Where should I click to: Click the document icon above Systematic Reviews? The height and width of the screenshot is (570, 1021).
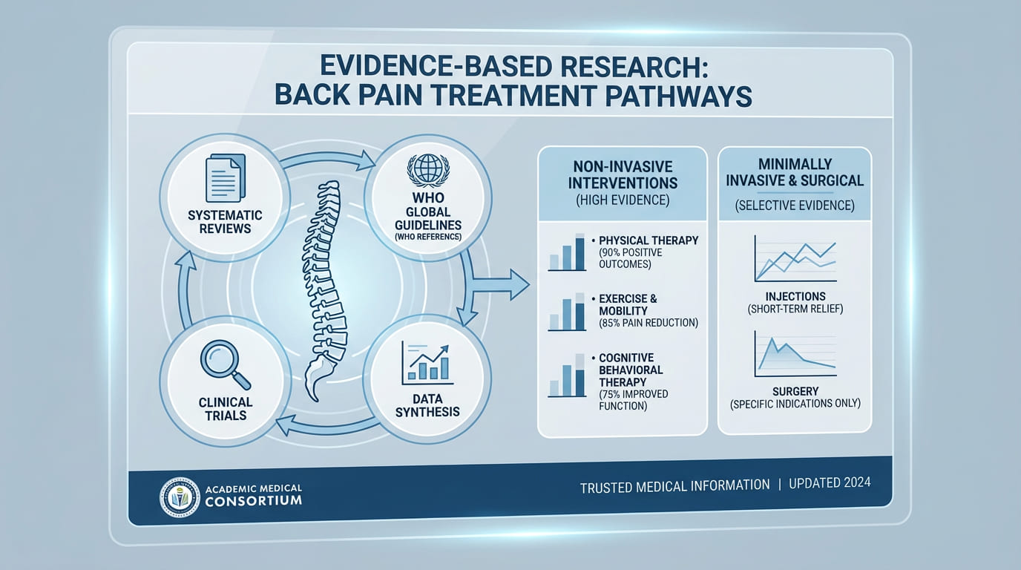(226, 178)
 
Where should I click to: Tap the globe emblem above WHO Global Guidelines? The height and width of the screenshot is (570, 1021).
(428, 168)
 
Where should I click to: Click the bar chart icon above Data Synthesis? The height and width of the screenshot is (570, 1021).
(427, 364)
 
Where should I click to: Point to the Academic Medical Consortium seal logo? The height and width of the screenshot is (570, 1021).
(180, 497)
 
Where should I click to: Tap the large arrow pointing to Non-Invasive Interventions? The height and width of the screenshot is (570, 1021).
(500, 284)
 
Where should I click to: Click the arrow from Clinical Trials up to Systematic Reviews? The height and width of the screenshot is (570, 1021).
(185, 289)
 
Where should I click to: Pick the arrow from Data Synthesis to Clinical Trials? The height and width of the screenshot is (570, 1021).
(326, 427)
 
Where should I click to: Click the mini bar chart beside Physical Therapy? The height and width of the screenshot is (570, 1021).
(567, 252)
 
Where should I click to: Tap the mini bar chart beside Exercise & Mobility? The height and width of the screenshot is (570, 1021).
(567, 312)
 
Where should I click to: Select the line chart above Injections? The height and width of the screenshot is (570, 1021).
(795, 258)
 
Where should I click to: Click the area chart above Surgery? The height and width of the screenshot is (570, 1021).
(795, 354)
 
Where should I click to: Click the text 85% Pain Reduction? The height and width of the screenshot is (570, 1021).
(649, 323)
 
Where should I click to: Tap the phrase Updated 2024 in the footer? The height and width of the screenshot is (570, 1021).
(830, 482)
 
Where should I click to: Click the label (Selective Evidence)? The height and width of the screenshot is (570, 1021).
(795, 205)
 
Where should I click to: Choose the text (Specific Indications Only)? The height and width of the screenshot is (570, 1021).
(795, 404)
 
